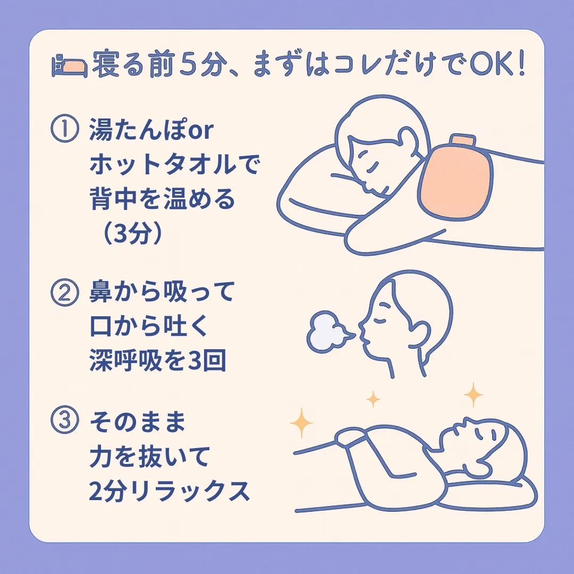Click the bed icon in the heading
coord(69,66)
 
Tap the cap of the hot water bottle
coord(461,141)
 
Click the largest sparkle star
coord(472,394)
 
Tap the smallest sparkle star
coord(374,398)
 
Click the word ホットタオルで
coord(174,166)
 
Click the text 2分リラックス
coord(169,492)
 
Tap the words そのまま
coord(138,423)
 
